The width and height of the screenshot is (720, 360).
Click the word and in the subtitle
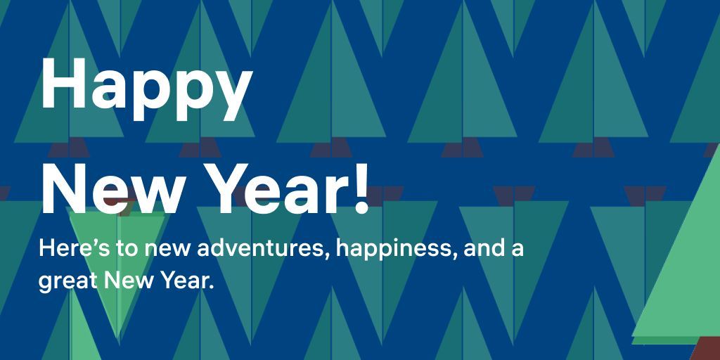tap(484, 250)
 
